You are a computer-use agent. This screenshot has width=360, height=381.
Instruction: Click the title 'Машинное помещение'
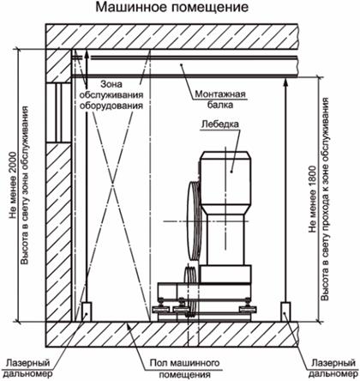pyautogui.click(x=171, y=7)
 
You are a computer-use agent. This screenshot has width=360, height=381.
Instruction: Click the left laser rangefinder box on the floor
pyautogui.click(x=87, y=311)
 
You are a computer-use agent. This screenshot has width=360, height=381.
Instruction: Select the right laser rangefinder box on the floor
pyautogui.click(x=285, y=311)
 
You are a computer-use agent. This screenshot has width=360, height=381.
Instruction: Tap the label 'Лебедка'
pyautogui.click(x=219, y=124)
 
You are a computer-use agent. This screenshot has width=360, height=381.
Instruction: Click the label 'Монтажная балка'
pyautogui.click(x=220, y=99)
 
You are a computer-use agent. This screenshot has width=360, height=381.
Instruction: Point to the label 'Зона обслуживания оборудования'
pyautogui.click(x=111, y=94)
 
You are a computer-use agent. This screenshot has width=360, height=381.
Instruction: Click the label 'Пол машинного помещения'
pyautogui.click(x=185, y=369)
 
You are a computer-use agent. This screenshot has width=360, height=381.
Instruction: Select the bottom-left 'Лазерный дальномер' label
pyautogui.click(x=28, y=368)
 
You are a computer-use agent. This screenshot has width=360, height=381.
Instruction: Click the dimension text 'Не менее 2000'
pyautogui.click(x=13, y=185)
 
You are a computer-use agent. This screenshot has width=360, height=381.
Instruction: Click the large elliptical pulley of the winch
pyautogui.click(x=195, y=221)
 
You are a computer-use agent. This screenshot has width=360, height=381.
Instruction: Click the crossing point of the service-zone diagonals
pyautogui.click(x=113, y=183)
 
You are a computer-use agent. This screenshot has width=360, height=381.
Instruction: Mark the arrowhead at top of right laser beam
pyautogui.click(x=285, y=83)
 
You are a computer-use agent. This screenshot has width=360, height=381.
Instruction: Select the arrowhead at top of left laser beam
pyautogui.click(x=87, y=56)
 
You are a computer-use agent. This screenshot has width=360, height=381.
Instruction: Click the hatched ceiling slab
pyautogui.click(x=171, y=37)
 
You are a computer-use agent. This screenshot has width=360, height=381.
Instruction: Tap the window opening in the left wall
pyautogui.click(x=58, y=112)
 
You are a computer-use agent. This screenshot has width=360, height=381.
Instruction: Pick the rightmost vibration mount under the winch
pyautogui.click(x=248, y=308)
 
